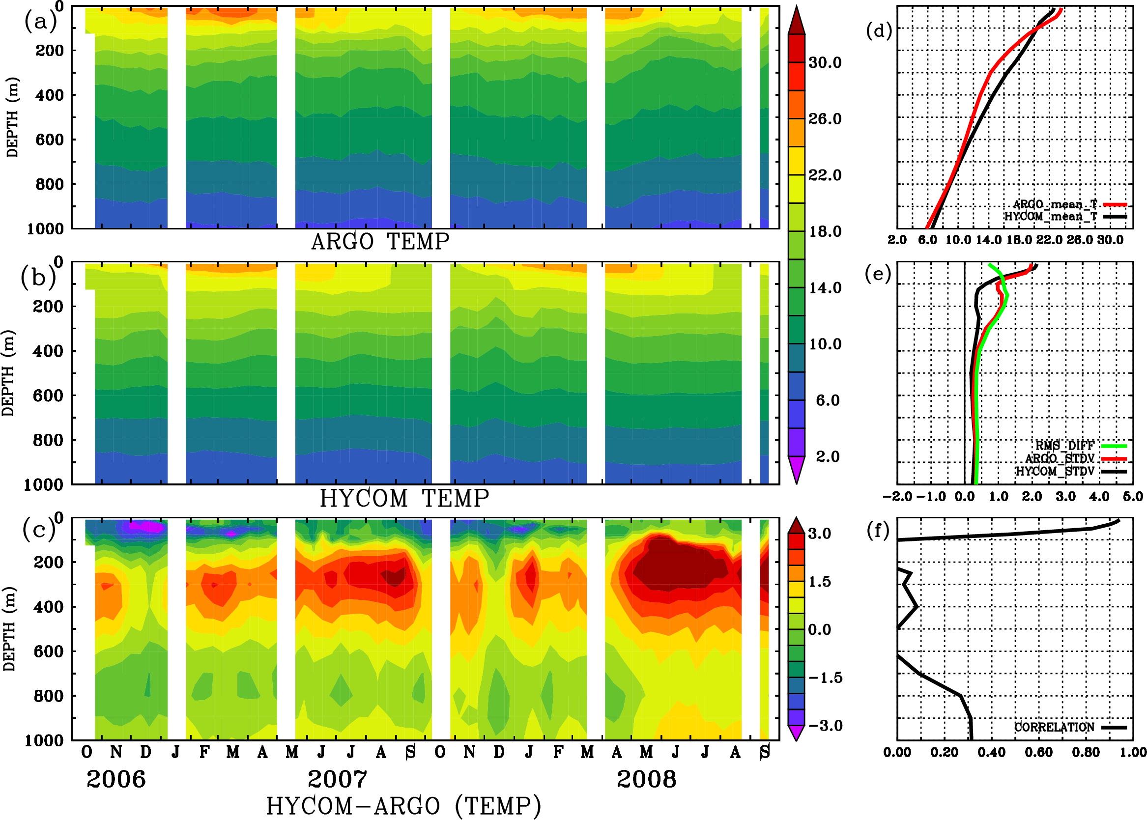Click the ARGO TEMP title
(x=380, y=242)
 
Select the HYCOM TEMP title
(x=404, y=498)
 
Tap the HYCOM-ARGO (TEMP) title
(x=403, y=806)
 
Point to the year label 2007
(x=337, y=779)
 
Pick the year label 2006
(x=115, y=779)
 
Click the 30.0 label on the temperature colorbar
(x=825, y=62)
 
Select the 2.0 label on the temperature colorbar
(x=827, y=456)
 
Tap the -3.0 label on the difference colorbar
(x=825, y=726)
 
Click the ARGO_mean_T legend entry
(x=1055, y=204)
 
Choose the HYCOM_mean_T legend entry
(x=1051, y=217)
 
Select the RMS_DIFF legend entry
(x=1064, y=446)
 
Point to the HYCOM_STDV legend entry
(x=1055, y=471)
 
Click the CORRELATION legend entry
(x=1054, y=727)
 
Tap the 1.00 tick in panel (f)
(x=1133, y=752)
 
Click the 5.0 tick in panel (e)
(x=1133, y=496)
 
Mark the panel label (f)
(x=878, y=530)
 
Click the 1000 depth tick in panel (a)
(x=45, y=229)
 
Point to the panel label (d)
(x=879, y=31)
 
